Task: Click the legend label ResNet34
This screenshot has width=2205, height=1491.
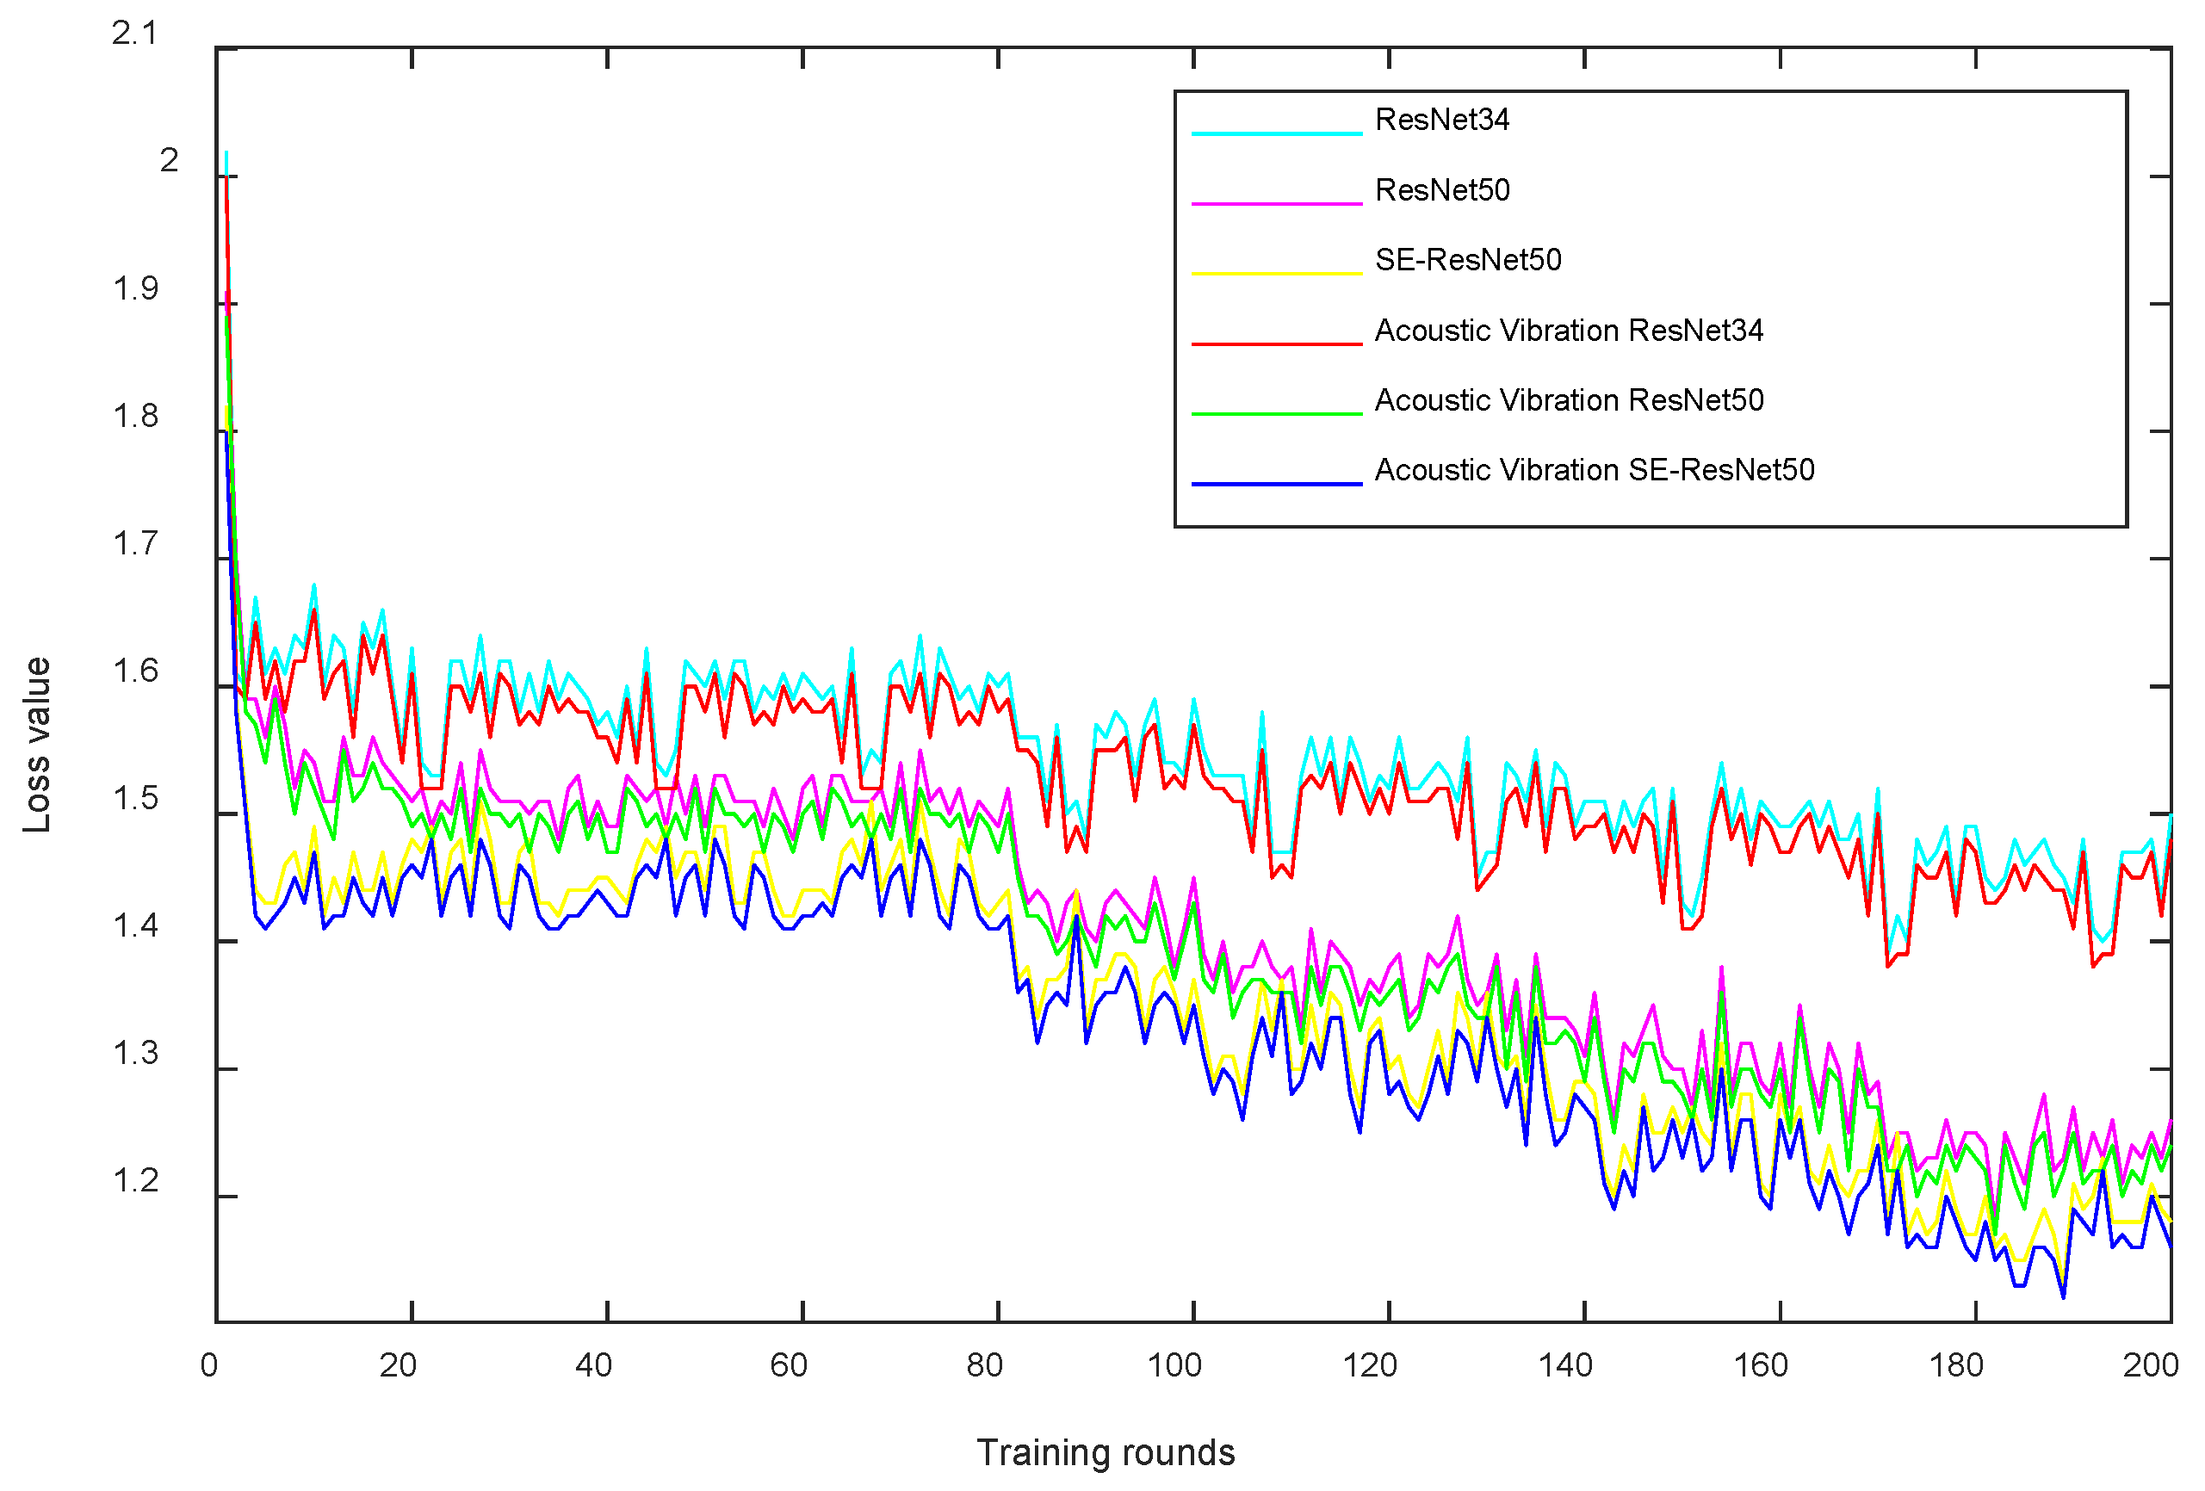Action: point(1441,120)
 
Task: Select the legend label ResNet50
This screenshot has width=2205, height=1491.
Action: point(1441,189)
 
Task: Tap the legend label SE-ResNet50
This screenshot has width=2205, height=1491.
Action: point(1467,260)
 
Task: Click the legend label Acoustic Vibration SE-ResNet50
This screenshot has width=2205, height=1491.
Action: point(1593,470)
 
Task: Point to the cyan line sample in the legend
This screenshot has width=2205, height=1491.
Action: point(1276,133)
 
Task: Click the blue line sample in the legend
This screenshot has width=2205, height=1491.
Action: point(1276,484)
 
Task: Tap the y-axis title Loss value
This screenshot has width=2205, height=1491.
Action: point(36,745)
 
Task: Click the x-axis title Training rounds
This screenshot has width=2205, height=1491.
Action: point(1106,1452)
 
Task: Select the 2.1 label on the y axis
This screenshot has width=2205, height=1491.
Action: point(134,34)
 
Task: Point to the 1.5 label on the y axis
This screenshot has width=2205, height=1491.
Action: point(134,799)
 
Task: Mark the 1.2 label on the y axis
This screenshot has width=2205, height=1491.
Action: point(134,1181)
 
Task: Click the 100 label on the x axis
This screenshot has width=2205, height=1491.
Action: point(1174,1364)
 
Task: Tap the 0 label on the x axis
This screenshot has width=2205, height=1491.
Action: point(208,1364)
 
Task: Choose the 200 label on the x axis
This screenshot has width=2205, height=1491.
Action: point(2150,1364)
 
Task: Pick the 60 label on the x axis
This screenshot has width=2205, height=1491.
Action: point(789,1364)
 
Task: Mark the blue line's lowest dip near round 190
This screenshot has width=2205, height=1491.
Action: point(2063,1296)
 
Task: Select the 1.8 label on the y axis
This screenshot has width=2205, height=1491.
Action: point(134,417)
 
